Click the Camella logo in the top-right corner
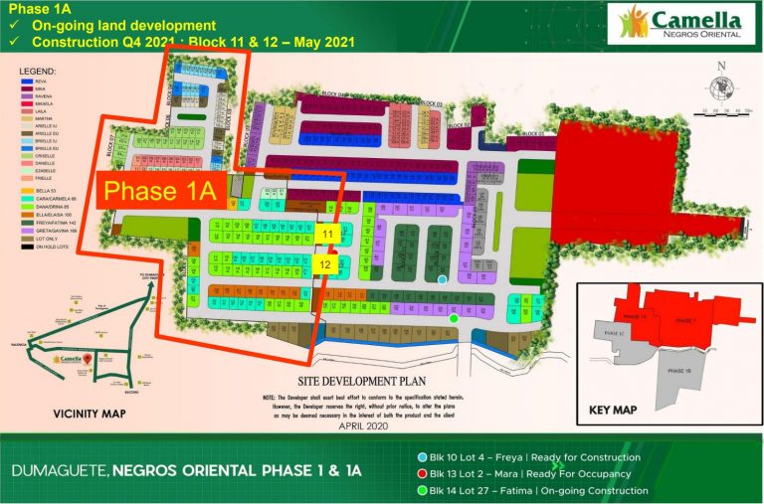680,23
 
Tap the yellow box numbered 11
327,233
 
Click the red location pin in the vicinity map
86,357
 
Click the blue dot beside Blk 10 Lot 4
425,457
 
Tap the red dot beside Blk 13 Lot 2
425,473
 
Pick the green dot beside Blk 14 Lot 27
425,490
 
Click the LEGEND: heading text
38,72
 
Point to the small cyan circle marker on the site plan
443,279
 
